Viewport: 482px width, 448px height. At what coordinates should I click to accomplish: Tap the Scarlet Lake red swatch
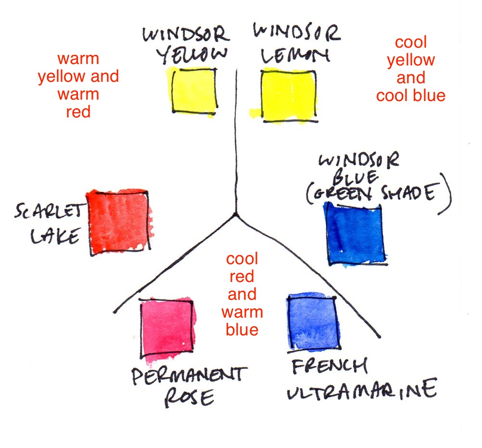coord(119,222)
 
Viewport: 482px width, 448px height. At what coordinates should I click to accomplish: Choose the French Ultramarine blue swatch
coord(314,321)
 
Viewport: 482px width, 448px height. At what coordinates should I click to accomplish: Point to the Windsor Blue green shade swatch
coord(355,234)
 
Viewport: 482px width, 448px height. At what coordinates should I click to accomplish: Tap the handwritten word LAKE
coord(55,236)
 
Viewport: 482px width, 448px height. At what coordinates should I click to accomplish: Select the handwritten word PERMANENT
coord(190,375)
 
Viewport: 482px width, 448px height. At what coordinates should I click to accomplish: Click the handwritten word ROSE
coord(190,398)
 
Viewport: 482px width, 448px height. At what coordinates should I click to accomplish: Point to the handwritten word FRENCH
coord(330,366)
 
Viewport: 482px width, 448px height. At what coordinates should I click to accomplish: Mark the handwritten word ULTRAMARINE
coord(362,389)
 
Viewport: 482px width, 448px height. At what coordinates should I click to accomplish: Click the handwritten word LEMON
coord(295,56)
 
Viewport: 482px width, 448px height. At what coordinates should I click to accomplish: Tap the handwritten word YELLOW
coord(192,55)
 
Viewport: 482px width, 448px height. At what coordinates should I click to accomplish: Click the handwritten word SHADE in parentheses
coord(409,193)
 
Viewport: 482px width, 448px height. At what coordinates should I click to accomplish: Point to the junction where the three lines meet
coord(236,215)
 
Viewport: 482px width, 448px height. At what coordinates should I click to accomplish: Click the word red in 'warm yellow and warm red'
coord(78,112)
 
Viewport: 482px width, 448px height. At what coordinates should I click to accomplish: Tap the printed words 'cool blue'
coord(411,96)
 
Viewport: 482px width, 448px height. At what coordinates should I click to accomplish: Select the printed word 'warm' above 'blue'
coord(242,312)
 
